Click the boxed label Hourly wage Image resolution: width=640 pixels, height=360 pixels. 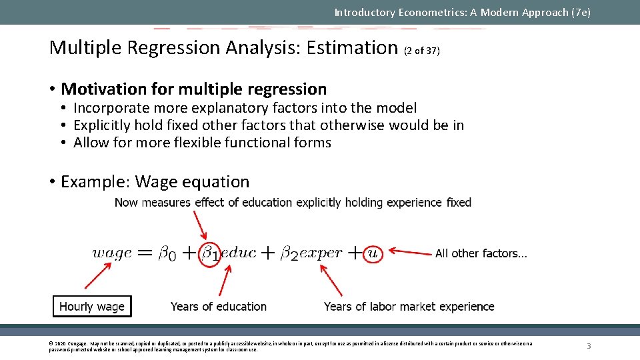click(92, 307)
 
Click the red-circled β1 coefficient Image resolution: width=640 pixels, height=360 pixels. click(210, 253)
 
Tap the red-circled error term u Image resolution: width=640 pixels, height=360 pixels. click(373, 253)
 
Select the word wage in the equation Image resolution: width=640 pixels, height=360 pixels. click(111, 253)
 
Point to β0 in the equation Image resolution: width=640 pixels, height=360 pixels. click(167, 253)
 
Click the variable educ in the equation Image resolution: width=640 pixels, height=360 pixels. click(238, 253)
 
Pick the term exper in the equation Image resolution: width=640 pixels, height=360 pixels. click(321, 253)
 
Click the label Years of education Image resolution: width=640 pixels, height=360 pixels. click(218, 307)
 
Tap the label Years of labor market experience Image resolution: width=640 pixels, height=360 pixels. click(409, 307)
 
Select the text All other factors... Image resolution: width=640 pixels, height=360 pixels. click(481, 253)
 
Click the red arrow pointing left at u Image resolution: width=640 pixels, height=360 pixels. click(409, 252)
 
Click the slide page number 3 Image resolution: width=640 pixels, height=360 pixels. click(589, 346)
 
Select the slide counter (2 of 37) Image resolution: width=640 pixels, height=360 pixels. click(422, 51)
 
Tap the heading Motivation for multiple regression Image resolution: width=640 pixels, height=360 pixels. click(193, 89)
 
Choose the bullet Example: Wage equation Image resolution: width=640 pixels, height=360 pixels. click(155, 182)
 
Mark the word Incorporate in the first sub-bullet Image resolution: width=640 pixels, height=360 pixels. click(110, 108)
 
